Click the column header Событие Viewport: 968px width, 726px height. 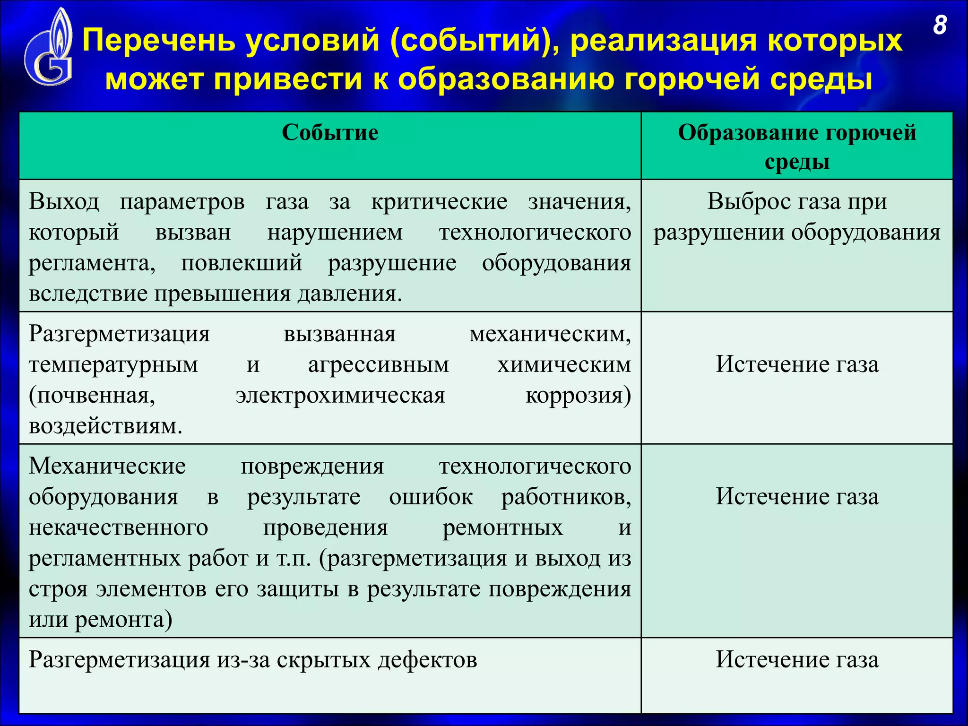tap(330, 133)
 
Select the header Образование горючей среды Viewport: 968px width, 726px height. tap(797, 147)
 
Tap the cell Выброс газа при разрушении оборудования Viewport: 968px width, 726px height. tap(797, 216)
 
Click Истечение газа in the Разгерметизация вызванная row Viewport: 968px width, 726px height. tap(797, 364)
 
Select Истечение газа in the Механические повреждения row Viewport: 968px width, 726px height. tap(797, 497)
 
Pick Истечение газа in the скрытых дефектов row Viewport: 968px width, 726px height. tap(797, 660)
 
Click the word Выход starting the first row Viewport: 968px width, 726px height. tap(64, 202)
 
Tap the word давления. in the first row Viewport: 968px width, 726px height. tap(350, 294)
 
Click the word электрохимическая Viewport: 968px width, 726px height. tap(340, 396)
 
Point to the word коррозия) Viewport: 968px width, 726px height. tap(578, 396)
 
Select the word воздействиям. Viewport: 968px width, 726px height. tap(105, 426)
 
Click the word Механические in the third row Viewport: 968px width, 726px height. tap(107, 467)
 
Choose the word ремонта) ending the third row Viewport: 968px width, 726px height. tap(124, 620)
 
